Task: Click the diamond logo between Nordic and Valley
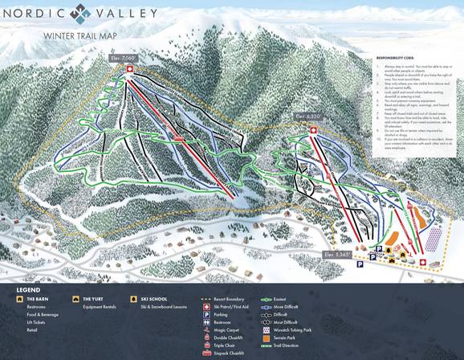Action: click(79, 13)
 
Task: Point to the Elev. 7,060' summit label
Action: click(126, 59)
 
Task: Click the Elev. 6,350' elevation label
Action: click(308, 117)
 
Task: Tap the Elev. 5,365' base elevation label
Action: click(337, 254)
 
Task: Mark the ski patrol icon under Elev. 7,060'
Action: click(129, 69)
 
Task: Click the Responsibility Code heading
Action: click(397, 59)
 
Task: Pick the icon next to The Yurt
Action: click(75, 298)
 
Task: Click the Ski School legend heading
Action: click(153, 298)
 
